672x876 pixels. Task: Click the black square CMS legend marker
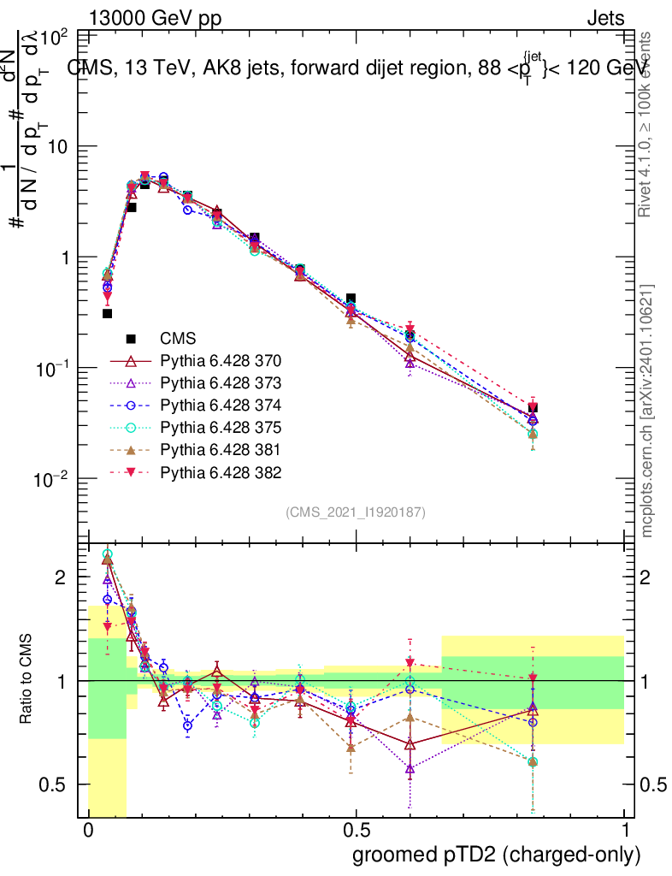[x=132, y=338]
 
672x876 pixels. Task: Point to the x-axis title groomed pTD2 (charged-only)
[x=496, y=855]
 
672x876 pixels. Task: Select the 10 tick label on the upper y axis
[x=56, y=147]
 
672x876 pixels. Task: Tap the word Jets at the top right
[x=604, y=17]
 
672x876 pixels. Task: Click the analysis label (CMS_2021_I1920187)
[x=356, y=512]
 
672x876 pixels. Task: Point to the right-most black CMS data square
[x=533, y=408]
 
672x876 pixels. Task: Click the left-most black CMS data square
[x=108, y=313]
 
